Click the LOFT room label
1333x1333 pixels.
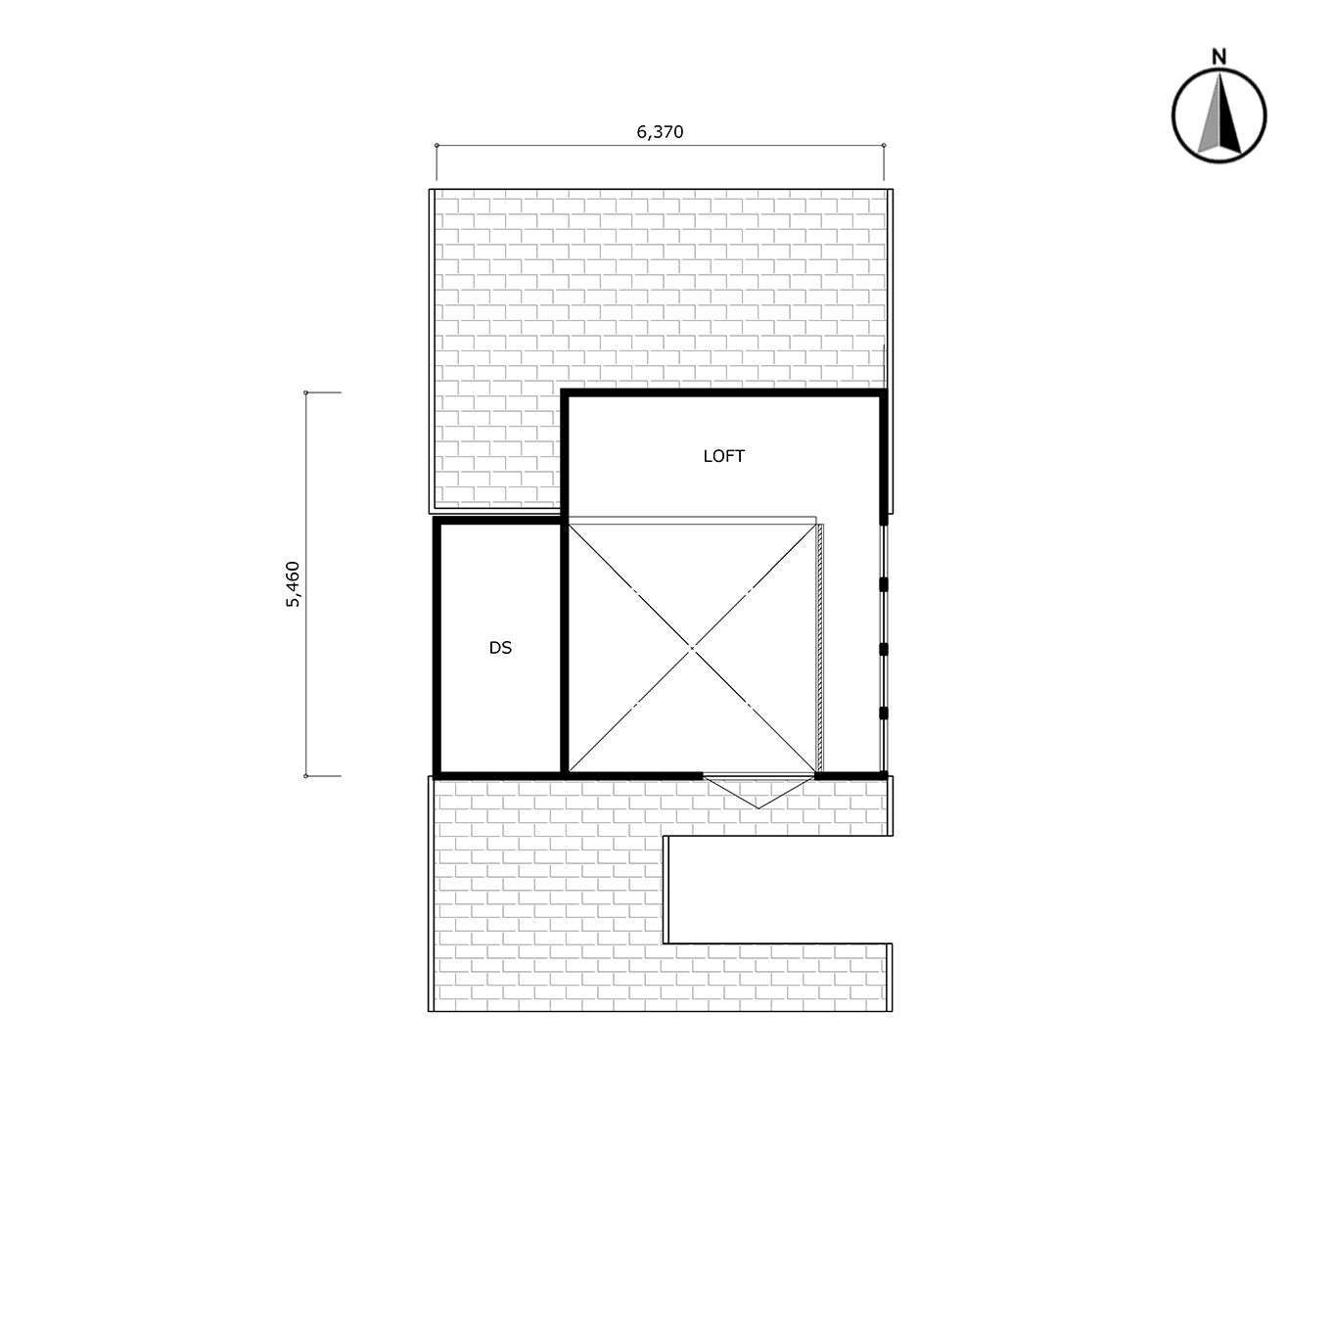coord(723,456)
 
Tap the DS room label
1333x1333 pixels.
coord(500,648)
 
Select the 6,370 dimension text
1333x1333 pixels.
coord(660,132)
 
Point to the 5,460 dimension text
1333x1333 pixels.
coord(294,584)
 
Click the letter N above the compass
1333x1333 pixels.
coord(1218,57)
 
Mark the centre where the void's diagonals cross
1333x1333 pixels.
coord(692,648)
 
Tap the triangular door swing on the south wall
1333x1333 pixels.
coord(758,792)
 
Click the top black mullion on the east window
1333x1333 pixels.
coord(884,584)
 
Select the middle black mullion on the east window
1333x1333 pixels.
coord(884,649)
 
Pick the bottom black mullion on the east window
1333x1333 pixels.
coord(884,713)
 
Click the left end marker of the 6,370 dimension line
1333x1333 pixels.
coord(437,145)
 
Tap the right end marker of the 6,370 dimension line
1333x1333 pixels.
coord(884,145)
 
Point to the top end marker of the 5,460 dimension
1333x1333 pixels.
coord(305,392)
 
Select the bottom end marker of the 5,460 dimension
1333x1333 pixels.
coord(305,776)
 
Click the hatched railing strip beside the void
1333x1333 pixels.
coord(820,648)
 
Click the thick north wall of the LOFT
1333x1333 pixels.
coord(723,392)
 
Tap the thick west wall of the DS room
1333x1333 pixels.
coord(437,648)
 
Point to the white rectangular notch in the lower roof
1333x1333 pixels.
coord(777,890)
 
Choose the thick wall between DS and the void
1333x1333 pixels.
coord(565,648)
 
